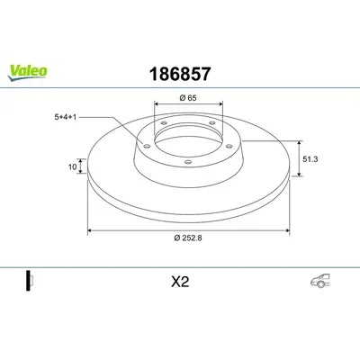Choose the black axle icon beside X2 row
click(x=30, y=280)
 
